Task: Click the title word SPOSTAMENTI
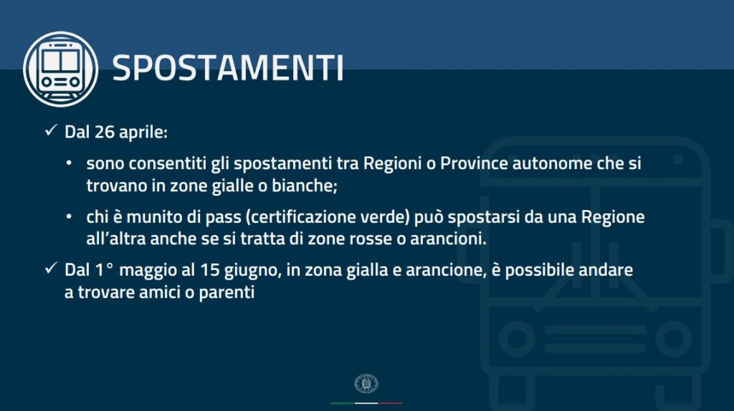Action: click(228, 68)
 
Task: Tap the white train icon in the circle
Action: click(60, 69)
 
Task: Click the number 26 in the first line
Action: click(104, 132)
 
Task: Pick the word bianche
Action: click(304, 185)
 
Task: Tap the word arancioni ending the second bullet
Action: click(449, 239)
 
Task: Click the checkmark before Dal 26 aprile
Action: click(51, 130)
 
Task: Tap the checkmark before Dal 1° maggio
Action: click(51, 269)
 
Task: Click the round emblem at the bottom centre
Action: click(366, 383)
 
